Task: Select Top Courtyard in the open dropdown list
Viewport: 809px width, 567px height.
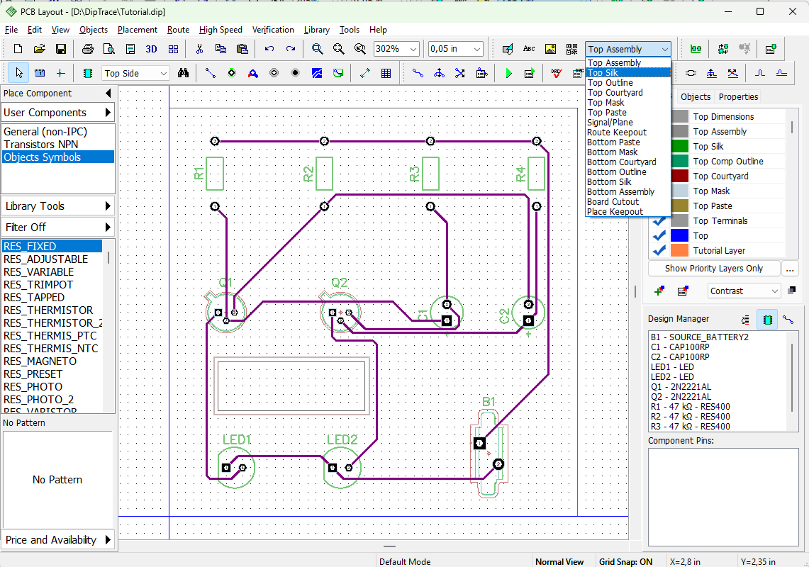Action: (615, 93)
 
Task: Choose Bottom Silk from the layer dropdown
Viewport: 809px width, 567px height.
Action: (609, 182)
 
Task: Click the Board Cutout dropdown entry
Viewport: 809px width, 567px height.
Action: (613, 202)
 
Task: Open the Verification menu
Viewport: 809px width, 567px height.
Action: (273, 30)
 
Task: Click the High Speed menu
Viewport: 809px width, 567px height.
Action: (221, 30)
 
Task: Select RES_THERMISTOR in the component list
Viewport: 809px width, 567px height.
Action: (48, 310)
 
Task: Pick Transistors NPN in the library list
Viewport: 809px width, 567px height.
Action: (40, 145)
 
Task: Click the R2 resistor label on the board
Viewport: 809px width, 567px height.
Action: (308, 174)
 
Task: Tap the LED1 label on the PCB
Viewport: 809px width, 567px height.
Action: (236, 439)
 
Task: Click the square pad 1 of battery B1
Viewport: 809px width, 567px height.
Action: (479, 443)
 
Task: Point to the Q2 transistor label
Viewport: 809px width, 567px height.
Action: (339, 283)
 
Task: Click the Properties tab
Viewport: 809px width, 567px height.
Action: (738, 97)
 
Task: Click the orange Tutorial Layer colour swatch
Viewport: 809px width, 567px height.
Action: (679, 250)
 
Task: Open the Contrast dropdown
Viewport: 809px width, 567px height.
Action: (744, 291)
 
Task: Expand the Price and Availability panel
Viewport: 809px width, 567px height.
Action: (57, 540)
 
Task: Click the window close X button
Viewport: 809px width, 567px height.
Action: (793, 11)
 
